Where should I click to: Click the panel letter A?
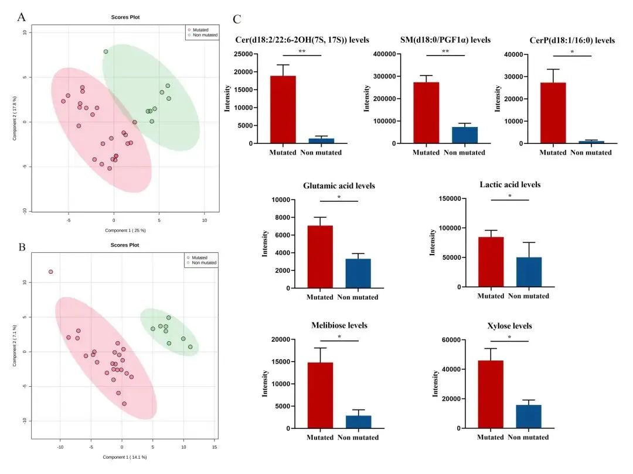point(21,17)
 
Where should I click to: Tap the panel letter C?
point(237,19)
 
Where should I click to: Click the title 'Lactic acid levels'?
point(510,185)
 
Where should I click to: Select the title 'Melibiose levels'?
point(339,325)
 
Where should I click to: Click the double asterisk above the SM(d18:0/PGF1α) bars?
point(445,51)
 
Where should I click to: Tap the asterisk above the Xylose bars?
point(509,338)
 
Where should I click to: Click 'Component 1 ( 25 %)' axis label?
point(125,231)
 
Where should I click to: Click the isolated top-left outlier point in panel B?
point(51,272)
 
